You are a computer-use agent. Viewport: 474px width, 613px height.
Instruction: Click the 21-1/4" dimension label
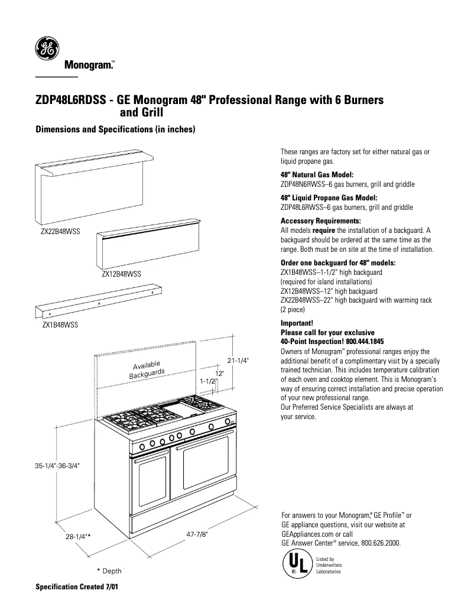[x=238, y=360]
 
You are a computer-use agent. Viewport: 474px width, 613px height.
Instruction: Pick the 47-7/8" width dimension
[x=197, y=534]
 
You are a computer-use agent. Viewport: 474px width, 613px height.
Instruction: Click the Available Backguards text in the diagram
[x=147, y=369]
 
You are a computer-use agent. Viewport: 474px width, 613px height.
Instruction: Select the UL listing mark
[x=297, y=565]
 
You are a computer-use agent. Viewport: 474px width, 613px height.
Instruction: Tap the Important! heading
[x=297, y=324]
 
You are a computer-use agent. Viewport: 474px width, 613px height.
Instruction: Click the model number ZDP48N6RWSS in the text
[x=304, y=184]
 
